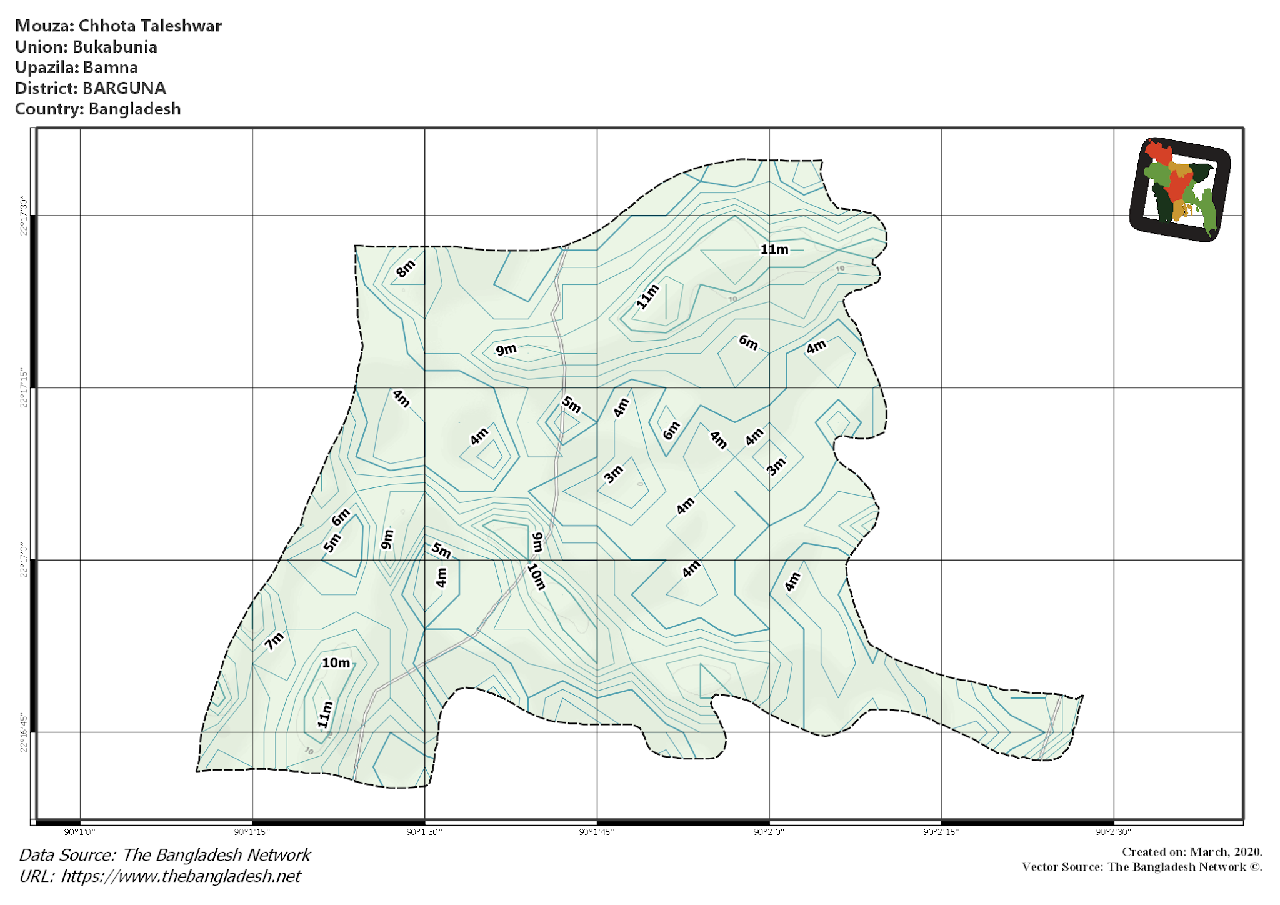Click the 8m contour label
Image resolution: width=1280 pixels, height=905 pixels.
[406, 269]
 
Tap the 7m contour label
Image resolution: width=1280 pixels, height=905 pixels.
[274, 641]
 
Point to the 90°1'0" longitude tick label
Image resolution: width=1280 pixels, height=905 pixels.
[80, 832]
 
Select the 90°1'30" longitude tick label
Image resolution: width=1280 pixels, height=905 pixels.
[424, 832]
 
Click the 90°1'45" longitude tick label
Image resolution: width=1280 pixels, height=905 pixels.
[597, 832]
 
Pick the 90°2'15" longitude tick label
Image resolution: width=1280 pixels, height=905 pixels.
[941, 832]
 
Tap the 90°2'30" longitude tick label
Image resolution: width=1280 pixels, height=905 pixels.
[1114, 832]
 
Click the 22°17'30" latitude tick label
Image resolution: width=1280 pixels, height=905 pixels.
[24, 216]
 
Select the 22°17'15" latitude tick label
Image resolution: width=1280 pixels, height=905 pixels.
[24, 388]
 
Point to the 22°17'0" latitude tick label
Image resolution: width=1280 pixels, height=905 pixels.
[24, 561]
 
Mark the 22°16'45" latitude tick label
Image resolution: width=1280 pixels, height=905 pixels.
[24, 732]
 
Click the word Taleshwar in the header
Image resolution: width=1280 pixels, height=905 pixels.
[181, 26]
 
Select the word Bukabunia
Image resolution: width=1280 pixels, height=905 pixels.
[114, 47]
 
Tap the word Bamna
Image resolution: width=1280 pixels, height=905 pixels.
[111, 67]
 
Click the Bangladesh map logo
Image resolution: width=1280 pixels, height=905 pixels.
[1180, 189]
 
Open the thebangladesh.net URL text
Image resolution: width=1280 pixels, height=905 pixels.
[181, 876]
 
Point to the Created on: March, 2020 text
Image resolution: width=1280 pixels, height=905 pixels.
[1192, 852]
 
